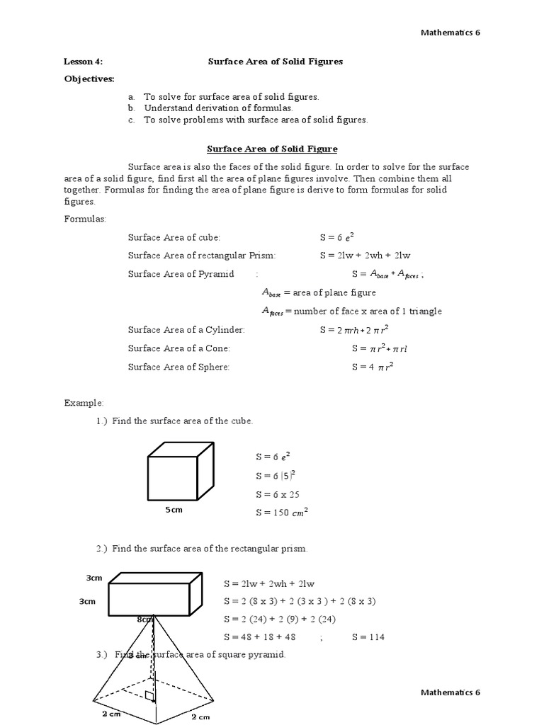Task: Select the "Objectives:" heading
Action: coord(89,79)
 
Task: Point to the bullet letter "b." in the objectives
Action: coord(131,108)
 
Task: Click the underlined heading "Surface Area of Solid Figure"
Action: coord(272,149)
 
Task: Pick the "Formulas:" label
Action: coord(85,219)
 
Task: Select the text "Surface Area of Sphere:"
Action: coord(178,367)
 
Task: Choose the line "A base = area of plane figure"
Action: coord(319,292)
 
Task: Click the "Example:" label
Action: coord(84,403)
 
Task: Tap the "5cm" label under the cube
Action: coord(174,510)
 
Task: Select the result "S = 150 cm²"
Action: coord(282,513)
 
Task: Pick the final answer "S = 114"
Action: coord(368,637)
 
